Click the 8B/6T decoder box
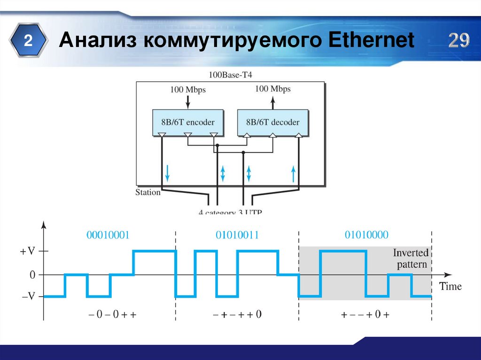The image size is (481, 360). (273, 123)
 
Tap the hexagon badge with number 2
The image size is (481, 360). (29, 41)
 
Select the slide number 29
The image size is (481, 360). (458, 41)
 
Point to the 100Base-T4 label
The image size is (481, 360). (230, 75)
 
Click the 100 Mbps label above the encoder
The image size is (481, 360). (188, 89)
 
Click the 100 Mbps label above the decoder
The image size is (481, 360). (273, 89)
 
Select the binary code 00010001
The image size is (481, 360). (108, 235)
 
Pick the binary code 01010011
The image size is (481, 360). (238, 235)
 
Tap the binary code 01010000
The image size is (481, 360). (367, 235)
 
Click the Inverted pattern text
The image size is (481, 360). (411, 259)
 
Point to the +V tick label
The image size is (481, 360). (28, 252)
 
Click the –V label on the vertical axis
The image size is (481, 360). (28, 297)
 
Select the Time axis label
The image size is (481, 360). (450, 286)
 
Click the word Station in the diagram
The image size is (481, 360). (148, 192)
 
